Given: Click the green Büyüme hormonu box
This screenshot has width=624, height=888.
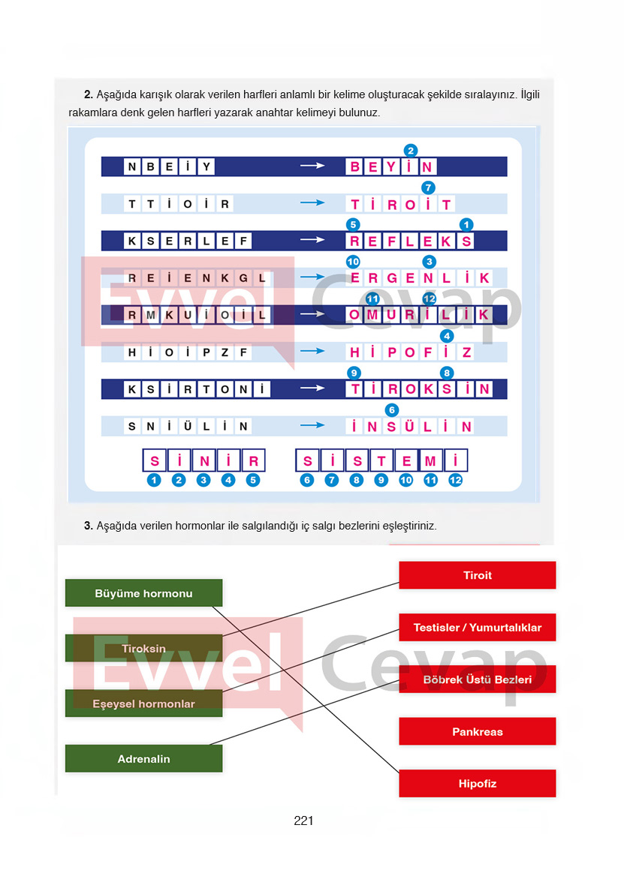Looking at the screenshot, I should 143,593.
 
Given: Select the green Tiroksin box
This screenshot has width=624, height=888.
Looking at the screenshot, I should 143,648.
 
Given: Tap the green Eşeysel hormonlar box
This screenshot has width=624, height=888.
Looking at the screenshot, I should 143,703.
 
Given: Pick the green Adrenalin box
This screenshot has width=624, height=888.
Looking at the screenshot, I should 143,758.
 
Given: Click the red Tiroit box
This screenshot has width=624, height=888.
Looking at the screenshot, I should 477,575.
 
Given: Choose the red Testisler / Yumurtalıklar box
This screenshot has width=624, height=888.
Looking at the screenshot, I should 477,627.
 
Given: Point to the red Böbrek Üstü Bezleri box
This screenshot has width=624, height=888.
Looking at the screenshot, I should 477,679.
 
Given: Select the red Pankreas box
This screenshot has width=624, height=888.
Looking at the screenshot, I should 477,731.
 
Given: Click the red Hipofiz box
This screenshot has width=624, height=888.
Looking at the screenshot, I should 477,784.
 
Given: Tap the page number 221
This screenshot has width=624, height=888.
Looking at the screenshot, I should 303,820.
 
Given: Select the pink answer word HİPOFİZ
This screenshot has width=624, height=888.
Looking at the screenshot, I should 411,352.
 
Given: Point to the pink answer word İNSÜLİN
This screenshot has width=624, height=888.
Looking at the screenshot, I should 411,427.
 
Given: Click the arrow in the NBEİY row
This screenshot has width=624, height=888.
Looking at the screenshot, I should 312,166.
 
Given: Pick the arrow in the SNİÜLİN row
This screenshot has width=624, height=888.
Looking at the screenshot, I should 312,426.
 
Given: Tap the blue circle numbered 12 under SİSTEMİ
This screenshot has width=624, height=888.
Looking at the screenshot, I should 455,480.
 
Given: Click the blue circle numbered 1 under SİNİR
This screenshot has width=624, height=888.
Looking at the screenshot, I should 154,480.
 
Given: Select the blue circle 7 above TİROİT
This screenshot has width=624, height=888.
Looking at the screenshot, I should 428,187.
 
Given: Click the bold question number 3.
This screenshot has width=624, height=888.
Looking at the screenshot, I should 88,526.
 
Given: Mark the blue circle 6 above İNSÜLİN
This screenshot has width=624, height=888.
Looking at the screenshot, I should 391,409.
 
